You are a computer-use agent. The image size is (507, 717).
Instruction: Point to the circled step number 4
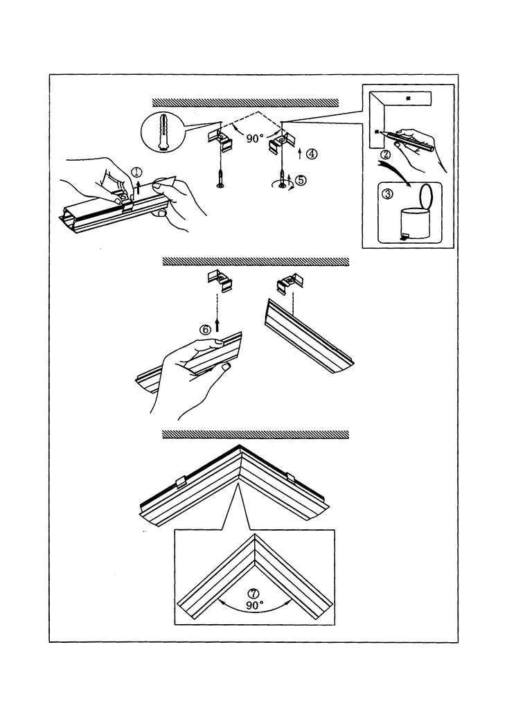pyautogui.click(x=312, y=154)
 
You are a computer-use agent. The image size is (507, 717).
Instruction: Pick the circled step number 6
pyautogui.click(x=206, y=330)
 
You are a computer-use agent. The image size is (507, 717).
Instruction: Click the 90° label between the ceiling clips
pyautogui.click(x=255, y=139)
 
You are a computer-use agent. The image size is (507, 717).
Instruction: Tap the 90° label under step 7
pyautogui.click(x=255, y=605)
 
